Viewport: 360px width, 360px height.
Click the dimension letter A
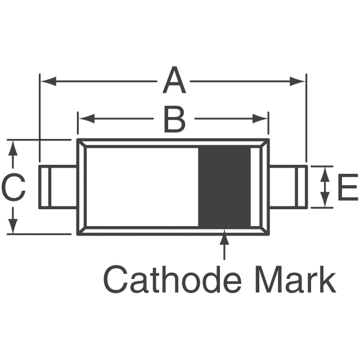click(x=174, y=82)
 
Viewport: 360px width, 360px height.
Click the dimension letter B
click(x=174, y=119)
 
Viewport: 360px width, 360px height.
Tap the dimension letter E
click(x=347, y=187)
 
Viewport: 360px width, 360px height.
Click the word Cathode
click(x=165, y=280)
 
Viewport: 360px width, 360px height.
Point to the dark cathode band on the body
click(x=226, y=186)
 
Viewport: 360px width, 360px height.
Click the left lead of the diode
click(x=57, y=187)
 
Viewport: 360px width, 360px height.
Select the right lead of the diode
click(x=288, y=187)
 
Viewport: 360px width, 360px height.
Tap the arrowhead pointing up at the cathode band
click(x=225, y=236)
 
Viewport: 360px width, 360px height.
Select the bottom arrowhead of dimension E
click(x=325, y=202)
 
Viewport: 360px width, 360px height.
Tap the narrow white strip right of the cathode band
click(x=255, y=186)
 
